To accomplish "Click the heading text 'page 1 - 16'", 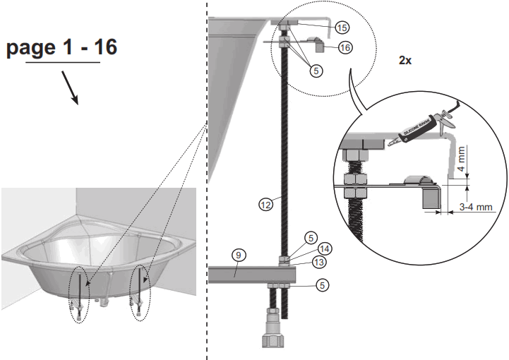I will pyautogui.click(x=62, y=48).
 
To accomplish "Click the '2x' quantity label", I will pyautogui.click(x=405, y=61).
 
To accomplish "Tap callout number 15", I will pyautogui.click(x=342, y=28).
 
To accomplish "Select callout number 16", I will pyautogui.click(x=345, y=47).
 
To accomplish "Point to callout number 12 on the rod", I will pyautogui.click(x=265, y=205).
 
